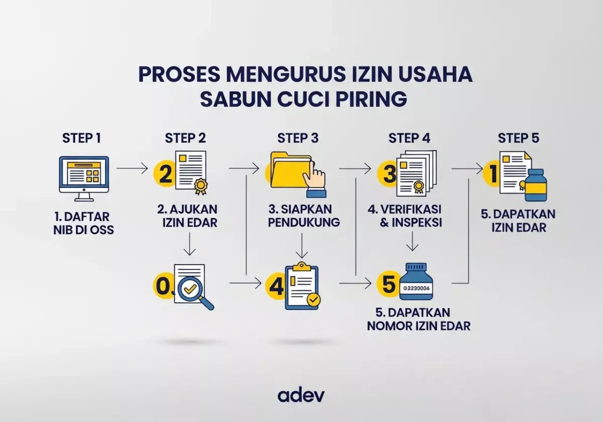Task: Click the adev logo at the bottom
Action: (x=301, y=394)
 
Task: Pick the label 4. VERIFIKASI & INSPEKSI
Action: (x=411, y=215)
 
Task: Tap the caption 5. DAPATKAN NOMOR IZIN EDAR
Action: (x=418, y=319)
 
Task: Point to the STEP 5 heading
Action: (x=518, y=138)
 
